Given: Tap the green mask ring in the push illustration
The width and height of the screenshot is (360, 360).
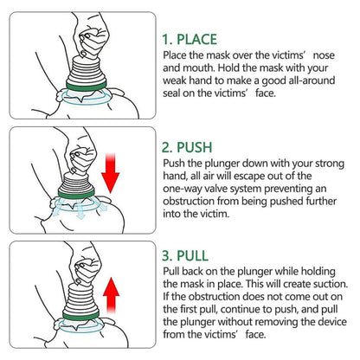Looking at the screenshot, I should (80, 194).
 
